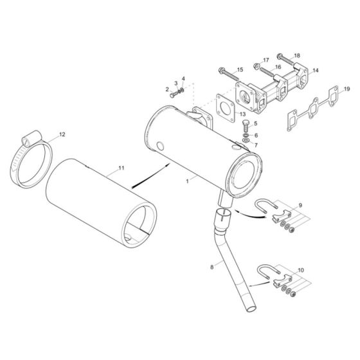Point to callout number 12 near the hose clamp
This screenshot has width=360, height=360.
(62, 134)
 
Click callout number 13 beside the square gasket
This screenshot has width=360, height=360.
(243, 114)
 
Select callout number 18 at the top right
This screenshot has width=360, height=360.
(296, 56)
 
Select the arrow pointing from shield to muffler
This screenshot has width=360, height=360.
(150, 174)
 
